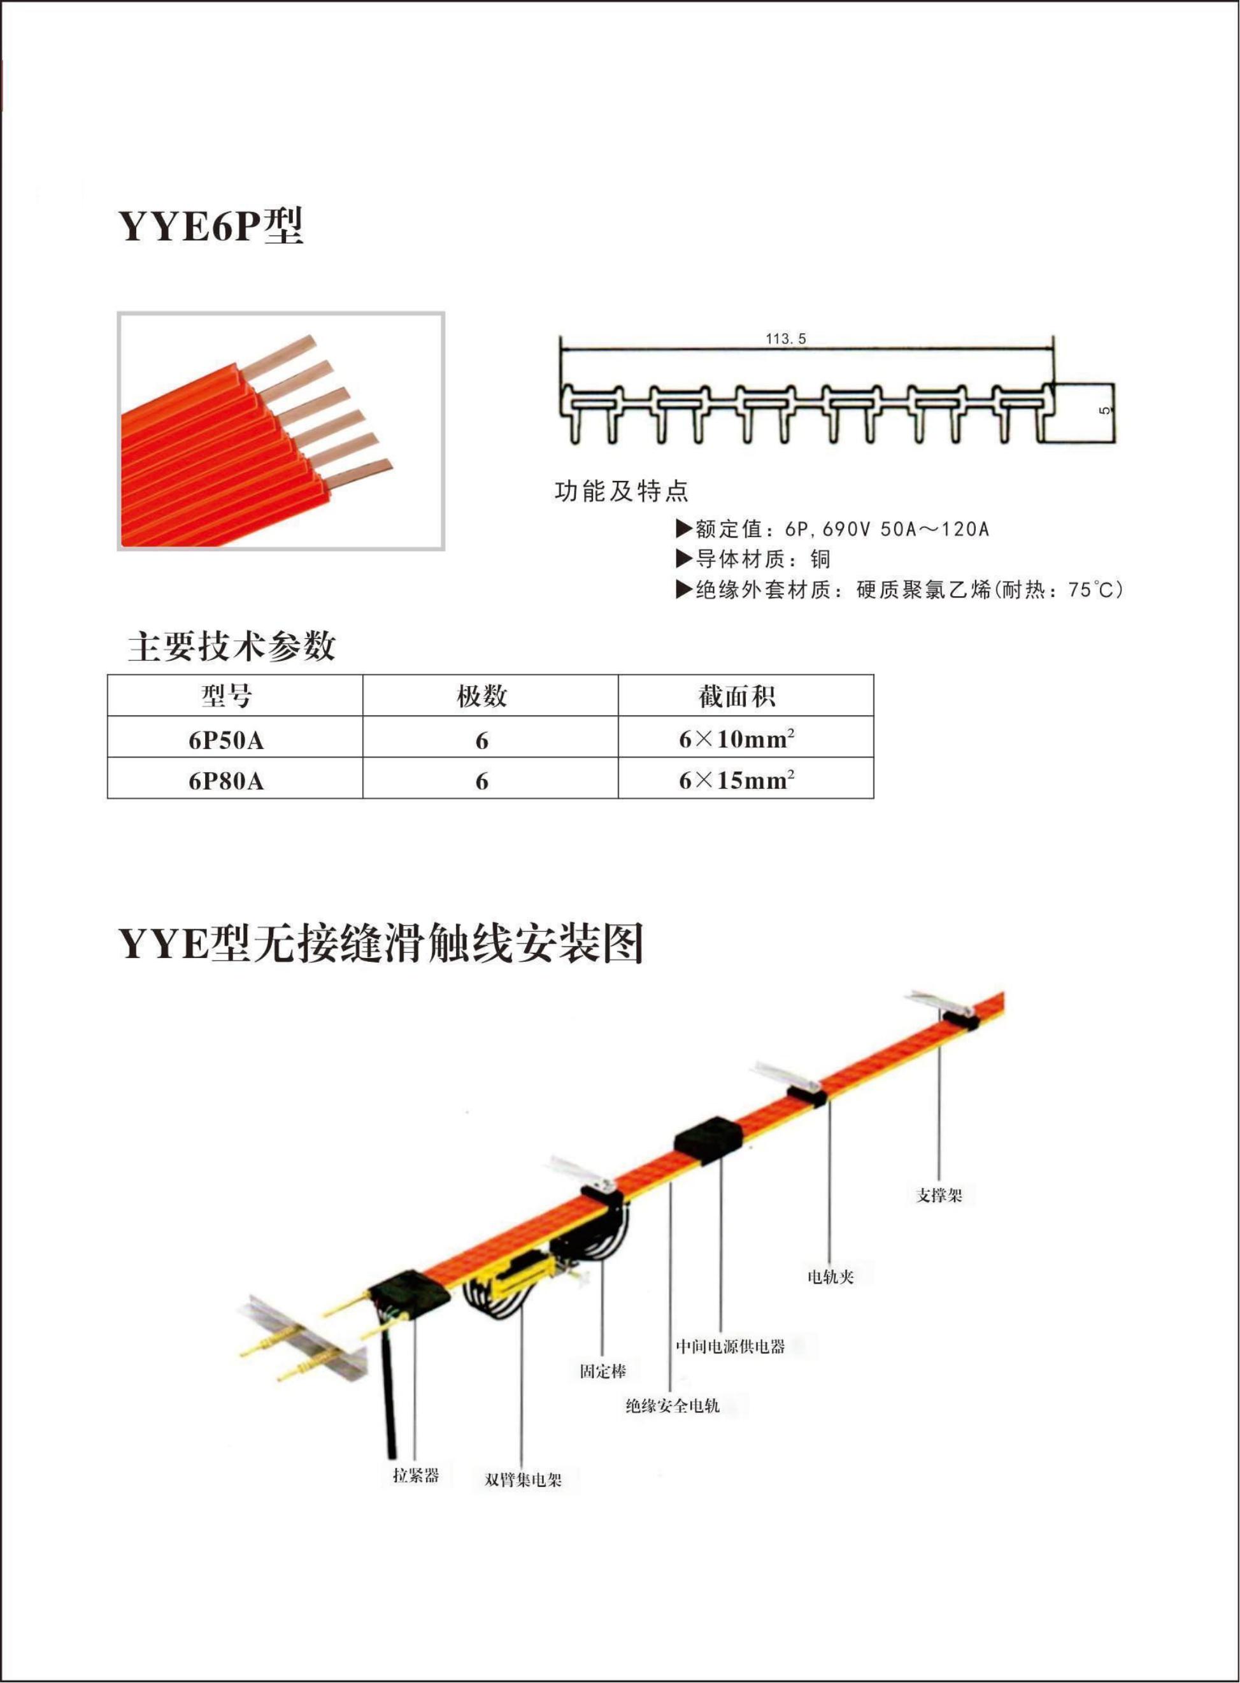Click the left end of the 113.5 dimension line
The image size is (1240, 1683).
(x=562, y=348)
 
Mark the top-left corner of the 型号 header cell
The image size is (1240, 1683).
(x=108, y=675)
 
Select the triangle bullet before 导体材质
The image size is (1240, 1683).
(x=684, y=558)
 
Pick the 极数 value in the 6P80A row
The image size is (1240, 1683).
(x=482, y=782)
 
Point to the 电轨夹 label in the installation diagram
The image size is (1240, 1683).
(x=831, y=1276)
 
